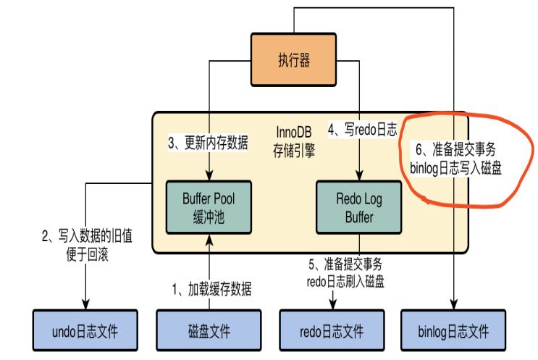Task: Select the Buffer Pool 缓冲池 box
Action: click(x=209, y=206)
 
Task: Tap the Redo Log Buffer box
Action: click(x=359, y=206)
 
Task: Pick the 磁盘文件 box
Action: click(x=209, y=332)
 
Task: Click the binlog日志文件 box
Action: click(x=454, y=332)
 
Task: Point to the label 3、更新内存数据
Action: click(x=209, y=143)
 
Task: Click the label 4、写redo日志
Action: click(x=362, y=130)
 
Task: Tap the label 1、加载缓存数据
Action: click(x=211, y=290)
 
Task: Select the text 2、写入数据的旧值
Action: click(x=86, y=236)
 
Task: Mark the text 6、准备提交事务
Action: click(x=454, y=150)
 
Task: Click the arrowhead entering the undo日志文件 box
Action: click(x=86, y=306)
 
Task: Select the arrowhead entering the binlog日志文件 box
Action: click(x=454, y=306)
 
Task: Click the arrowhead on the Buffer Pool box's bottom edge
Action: click(x=209, y=237)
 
